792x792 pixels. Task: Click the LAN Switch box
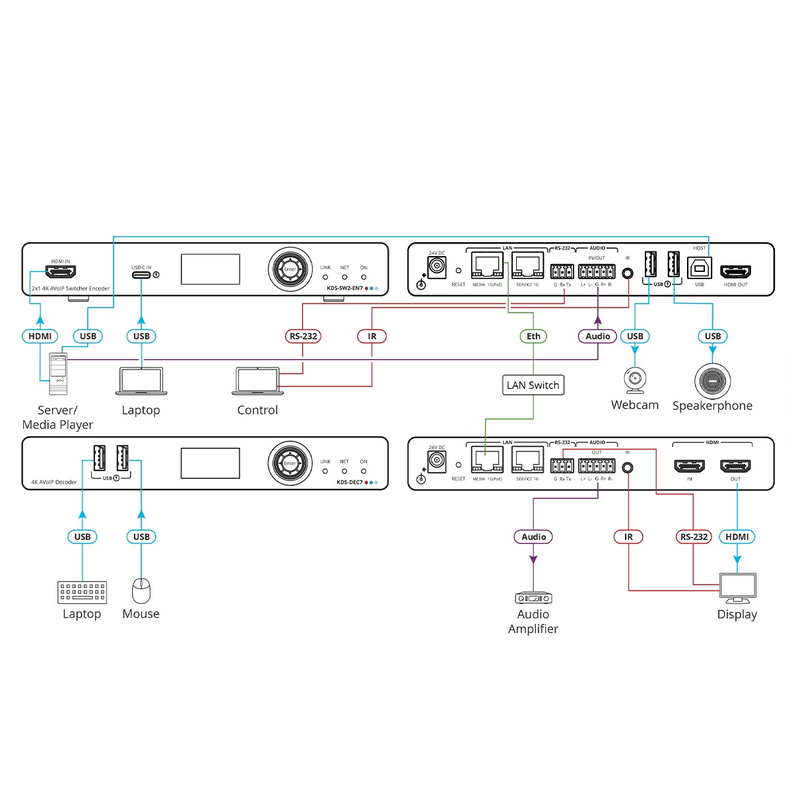coord(533,385)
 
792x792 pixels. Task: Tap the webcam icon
coord(635,381)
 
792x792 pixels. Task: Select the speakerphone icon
coord(712,381)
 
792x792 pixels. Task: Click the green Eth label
coord(533,336)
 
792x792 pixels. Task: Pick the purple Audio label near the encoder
coord(597,336)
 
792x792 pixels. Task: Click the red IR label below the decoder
coord(628,537)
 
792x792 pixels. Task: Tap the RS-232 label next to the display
coord(694,537)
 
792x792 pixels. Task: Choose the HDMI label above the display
coord(737,537)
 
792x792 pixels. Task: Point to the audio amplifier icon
coord(533,598)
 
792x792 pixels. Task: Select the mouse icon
coord(141,591)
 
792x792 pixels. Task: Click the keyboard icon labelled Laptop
coord(82,592)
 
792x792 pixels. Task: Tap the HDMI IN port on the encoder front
coord(60,271)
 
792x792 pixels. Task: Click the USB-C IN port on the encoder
coord(141,275)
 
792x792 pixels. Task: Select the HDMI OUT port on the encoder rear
coord(735,272)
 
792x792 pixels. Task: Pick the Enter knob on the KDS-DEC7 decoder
coord(290,463)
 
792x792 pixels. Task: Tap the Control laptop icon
coord(257,381)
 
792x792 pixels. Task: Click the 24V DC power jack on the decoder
coord(436,461)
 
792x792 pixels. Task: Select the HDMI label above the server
coord(40,336)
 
